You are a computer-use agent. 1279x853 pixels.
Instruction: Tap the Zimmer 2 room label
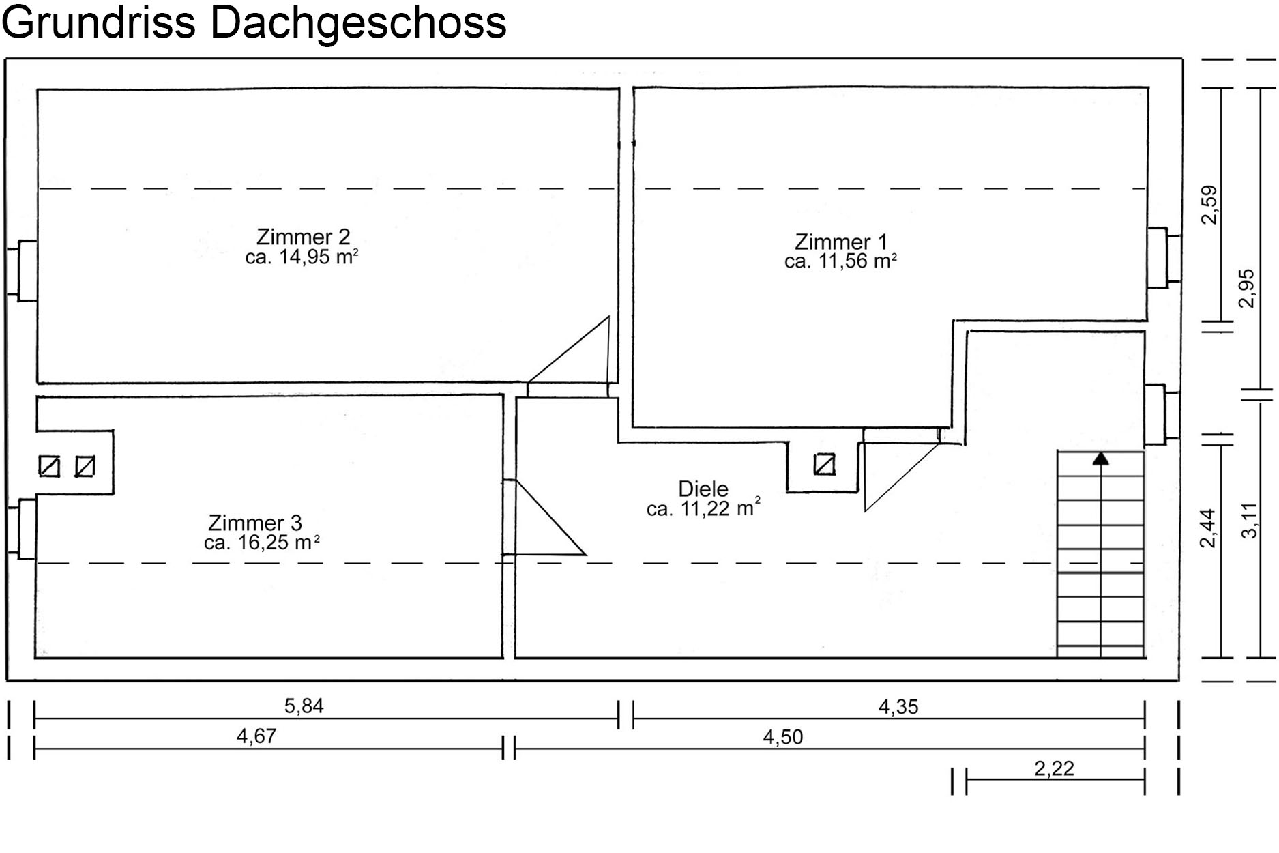click(303, 237)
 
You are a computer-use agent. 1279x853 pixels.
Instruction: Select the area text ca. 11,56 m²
click(840, 261)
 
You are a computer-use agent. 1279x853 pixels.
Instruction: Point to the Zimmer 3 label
click(255, 523)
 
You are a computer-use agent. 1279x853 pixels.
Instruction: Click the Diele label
click(703, 489)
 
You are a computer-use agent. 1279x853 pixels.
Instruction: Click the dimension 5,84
click(304, 706)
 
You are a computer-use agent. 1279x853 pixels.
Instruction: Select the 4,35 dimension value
click(898, 707)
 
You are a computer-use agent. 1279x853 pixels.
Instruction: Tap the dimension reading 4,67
click(256, 736)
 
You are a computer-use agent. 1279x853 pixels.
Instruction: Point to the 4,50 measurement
click(783, 737)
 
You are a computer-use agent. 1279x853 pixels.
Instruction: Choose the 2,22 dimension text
click(1055, 769)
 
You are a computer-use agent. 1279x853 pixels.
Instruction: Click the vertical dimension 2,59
click(1209, 205)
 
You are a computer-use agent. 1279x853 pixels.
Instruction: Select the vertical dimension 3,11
click(1249, 521)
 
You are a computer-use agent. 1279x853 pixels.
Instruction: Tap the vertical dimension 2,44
click(1208, 528)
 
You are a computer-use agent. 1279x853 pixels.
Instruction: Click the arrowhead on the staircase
click(1100, 459)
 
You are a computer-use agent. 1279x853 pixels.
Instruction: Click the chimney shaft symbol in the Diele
click(825, 465)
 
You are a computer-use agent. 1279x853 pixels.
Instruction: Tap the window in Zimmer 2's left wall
click(21, 270)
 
